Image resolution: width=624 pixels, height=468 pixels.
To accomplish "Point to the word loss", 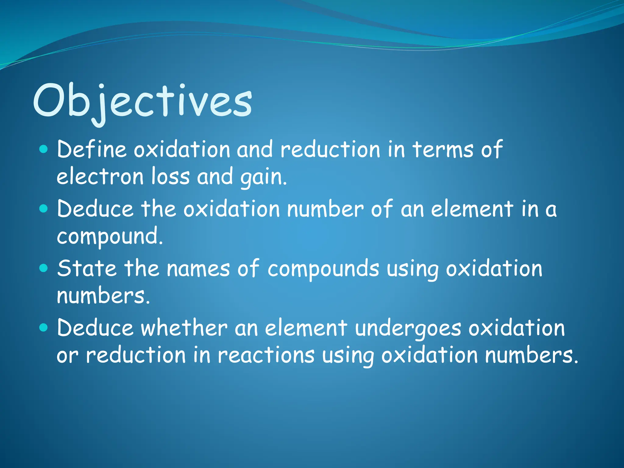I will [171, 177].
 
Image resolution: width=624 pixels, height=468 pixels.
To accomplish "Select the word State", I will [87, 268].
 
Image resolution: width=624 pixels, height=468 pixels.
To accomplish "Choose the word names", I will [198, 268].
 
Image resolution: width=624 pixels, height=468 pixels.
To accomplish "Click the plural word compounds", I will [323, 269].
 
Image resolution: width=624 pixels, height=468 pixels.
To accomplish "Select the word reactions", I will [266, 355].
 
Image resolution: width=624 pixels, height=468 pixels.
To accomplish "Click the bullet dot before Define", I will [44, 149].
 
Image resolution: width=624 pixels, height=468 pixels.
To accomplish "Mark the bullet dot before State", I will [44, 268].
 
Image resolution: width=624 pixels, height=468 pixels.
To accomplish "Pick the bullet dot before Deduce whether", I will [44, 328].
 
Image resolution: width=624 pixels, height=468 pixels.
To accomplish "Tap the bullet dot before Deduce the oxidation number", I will [44, 209].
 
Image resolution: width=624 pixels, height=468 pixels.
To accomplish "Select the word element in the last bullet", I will [306, 328].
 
